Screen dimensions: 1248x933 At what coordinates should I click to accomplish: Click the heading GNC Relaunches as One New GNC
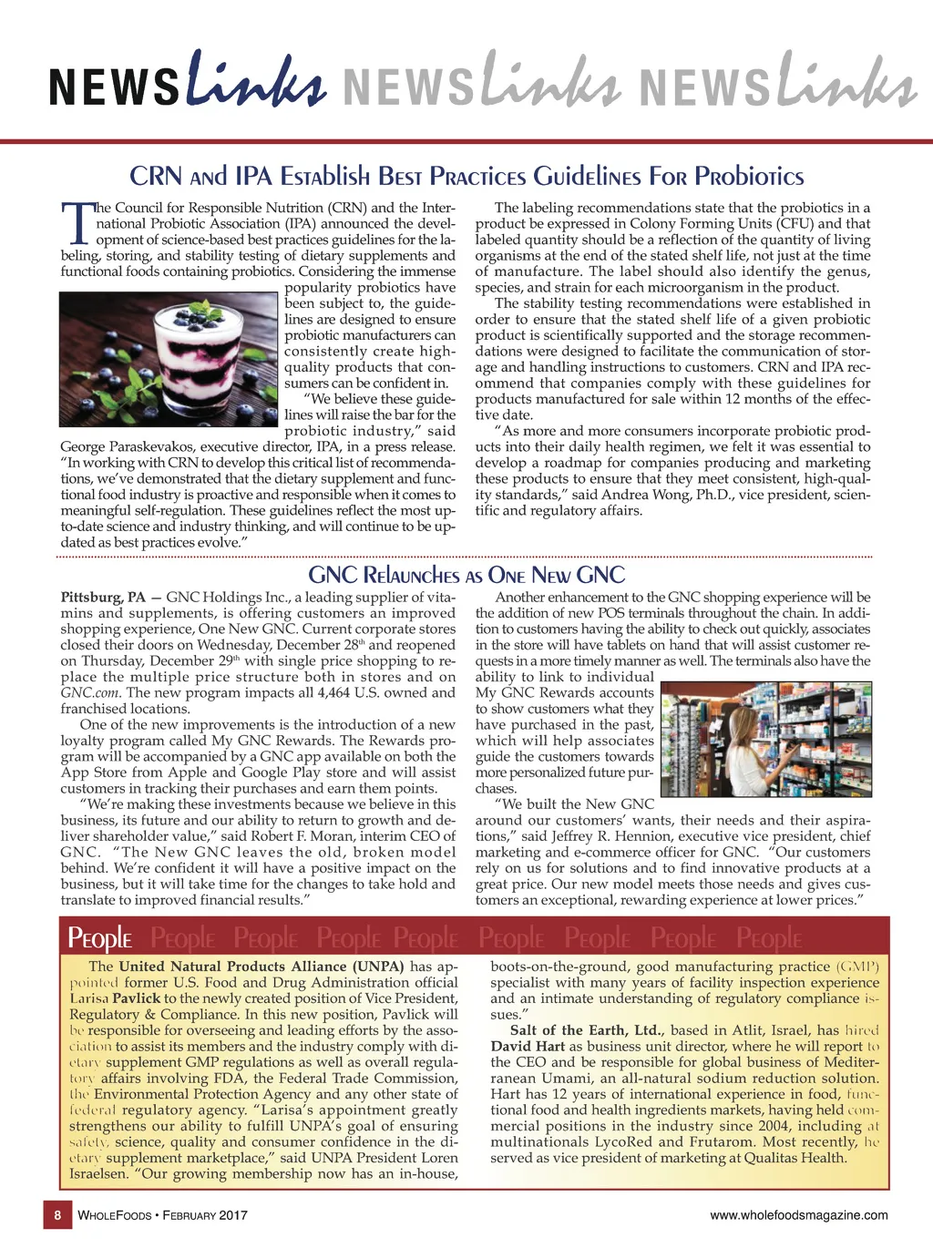coord(466,575)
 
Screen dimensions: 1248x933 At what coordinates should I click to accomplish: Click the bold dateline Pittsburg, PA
coord(103,598)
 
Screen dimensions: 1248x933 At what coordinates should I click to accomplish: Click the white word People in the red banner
coord(100,937)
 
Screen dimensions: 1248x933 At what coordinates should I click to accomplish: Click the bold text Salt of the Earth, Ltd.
coord(587,1030)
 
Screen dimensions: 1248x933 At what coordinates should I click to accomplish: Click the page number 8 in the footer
coord(57,1215)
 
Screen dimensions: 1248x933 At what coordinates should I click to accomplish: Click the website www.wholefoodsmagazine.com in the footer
coord(799,1215)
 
